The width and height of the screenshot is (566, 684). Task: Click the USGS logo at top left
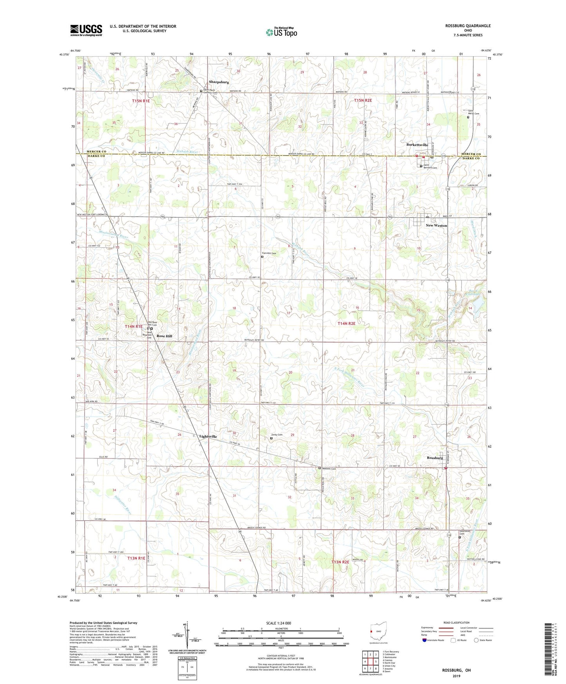86,30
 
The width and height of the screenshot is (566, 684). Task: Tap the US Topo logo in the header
281,32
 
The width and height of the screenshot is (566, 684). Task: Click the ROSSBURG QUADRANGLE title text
467,26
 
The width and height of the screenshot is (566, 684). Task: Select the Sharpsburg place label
219,82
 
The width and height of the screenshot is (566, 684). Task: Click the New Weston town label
436,226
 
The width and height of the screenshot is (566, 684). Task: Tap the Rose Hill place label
164,336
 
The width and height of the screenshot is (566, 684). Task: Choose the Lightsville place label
208,436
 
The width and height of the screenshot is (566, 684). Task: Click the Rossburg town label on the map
435,458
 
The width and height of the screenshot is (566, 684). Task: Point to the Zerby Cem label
277,434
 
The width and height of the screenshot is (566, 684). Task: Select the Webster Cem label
329,469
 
